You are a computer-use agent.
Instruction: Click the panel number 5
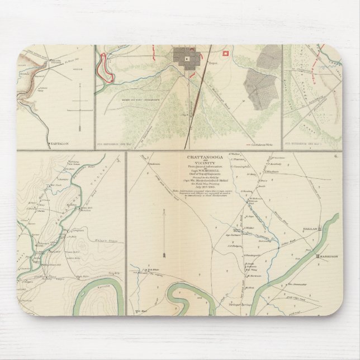coord(118,162)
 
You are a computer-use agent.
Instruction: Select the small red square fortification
coord(226,53)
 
